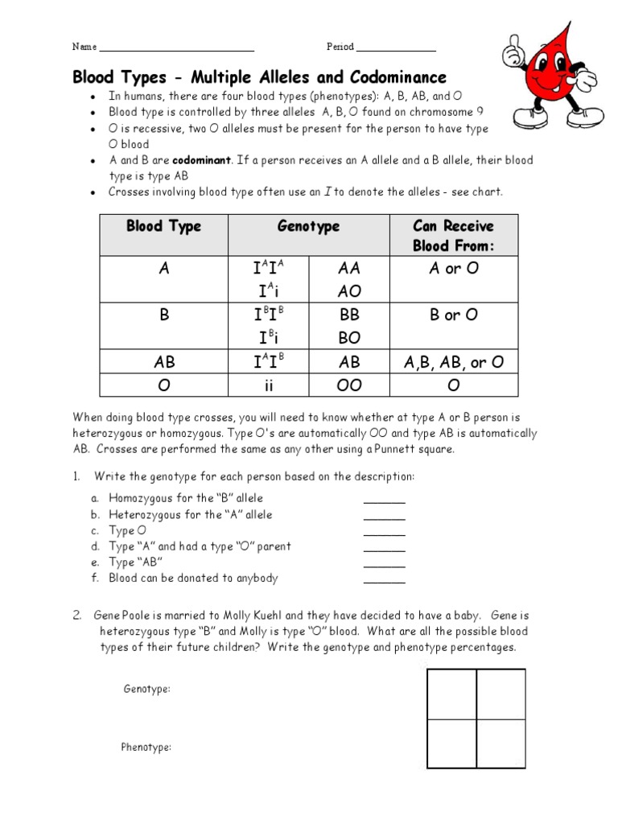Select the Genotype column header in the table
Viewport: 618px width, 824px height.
(x=308, y=226)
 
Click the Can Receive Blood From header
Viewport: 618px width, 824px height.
(x=453, y=236)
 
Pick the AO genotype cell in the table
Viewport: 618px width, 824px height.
(x=349, y=290)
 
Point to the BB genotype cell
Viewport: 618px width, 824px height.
(x=349, y=315)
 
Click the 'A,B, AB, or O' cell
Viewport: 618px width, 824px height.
(x=453, y=363)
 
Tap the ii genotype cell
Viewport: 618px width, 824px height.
(x=269, y=385)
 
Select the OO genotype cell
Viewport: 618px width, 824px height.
(x=349, y=385)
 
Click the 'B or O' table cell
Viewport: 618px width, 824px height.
(x=453, y=315)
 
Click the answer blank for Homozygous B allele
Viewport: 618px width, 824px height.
(x=385, y=500)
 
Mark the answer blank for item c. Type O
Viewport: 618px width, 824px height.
(x=385, y=532)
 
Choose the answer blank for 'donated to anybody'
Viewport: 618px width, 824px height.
(x=385, y=579)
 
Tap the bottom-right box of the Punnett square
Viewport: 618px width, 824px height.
(x=501, y=744)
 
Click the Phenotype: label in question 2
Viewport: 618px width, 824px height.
(x=146, y=748)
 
